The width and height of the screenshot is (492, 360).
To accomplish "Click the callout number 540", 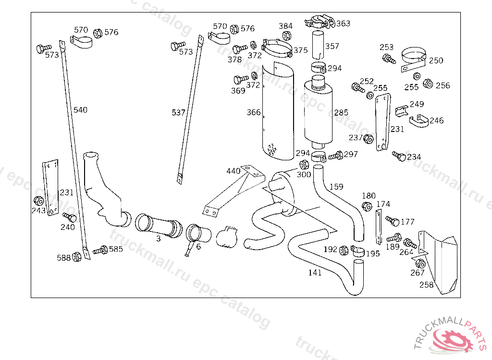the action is pyautogui.click(x=80, y=110).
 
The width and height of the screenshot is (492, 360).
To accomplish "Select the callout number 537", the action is pyautogui.click(x=178, y=112).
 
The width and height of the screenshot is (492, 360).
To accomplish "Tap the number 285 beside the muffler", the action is pyautogui.click(x=341, y=112).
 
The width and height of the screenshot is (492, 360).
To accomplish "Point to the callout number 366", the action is pyautogui.click(x=254, y=112).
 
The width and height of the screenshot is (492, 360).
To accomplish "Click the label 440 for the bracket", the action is pyautogui.click(x=234, y=171).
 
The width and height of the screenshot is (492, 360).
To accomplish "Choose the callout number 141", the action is pyautogui.click(x=315, y=273).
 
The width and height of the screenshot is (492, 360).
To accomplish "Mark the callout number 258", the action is pyautogui.click(x=427, y=285).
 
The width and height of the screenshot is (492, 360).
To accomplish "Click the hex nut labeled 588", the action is pyautogui.click(x=76, y=257).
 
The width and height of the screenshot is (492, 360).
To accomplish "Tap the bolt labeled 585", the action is pyautogui.click(x=100, y=250).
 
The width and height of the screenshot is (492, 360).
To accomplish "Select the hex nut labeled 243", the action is pyautogui.click(x=38, y=201).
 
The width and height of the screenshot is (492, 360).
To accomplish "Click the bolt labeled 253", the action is pyautogui.click(x=389, y=59).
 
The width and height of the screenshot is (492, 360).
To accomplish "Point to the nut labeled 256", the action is pyautogui.click(x=428, y=84).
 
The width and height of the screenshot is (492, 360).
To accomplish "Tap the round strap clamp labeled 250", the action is pyautogui.click(x=414, y=59).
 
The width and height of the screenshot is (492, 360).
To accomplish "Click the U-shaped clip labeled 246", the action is pyautogui.click(x=419, y=121).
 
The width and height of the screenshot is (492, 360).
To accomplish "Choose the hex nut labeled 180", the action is pyautogui.click(x=367, y=206).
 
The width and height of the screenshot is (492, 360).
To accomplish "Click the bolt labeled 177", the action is pyautogui.click(x=392, y=221).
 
